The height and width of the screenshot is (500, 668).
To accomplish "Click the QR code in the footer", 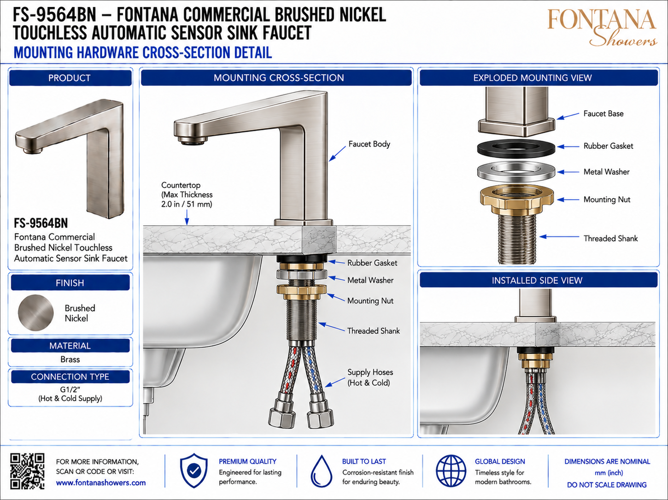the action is [27, 471].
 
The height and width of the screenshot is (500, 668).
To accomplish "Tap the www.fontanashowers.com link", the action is [101, 482].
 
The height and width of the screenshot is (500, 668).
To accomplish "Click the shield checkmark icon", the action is [193, 471].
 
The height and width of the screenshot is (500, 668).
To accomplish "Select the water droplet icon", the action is [321, 471].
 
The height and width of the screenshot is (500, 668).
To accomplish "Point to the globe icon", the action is [451, 471].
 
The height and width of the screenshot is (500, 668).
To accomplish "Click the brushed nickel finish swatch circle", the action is [35, 312].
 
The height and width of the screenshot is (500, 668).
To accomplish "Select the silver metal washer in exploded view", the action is [516, 172].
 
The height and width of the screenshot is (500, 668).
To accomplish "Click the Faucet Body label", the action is [369, 144].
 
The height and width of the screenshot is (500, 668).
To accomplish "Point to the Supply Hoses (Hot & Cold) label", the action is [370, 377].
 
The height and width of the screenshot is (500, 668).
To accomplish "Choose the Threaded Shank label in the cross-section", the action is [374, 331].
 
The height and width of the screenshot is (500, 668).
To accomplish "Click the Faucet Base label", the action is [604, 113].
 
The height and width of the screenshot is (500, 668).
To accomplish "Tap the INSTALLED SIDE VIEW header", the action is [537, 280].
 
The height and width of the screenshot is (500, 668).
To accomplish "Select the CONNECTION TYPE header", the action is [70, 377].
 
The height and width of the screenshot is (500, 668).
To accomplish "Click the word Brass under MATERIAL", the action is [70, 359].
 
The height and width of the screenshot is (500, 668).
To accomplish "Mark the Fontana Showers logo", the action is [602, 27].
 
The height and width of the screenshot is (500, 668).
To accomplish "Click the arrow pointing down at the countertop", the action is [187, 218].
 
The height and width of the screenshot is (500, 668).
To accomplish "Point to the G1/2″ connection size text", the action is [70, 389].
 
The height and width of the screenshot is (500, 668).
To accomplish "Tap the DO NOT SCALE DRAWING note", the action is [607, 485].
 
